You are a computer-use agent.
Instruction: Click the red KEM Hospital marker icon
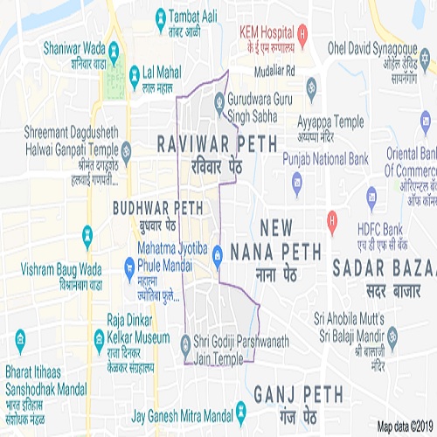coord(302,37)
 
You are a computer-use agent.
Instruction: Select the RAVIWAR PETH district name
coord(216,142)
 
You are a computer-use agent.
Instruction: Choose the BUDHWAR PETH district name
coord(157,208)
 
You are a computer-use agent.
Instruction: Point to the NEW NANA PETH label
coord(272,239)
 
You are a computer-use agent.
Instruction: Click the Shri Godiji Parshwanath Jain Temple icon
coord(184,342)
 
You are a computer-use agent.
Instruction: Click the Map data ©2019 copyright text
coord(405,427)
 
